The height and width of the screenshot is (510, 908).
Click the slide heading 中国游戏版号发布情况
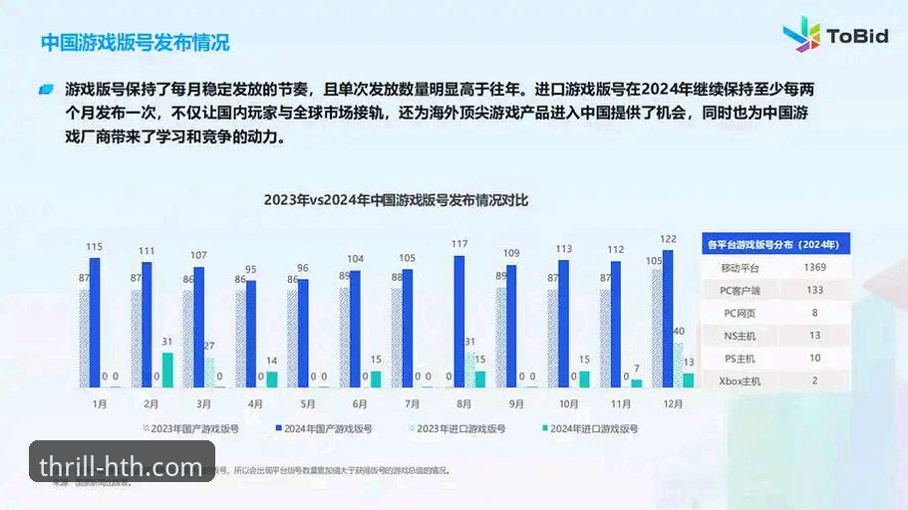coord(135,43)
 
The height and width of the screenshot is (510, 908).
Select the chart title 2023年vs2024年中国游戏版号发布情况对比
coord(396,199)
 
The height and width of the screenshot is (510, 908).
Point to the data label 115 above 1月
coord(95,247)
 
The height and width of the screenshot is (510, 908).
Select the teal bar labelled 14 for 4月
coord(272,379)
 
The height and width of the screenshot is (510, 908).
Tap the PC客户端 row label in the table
coord(739,290)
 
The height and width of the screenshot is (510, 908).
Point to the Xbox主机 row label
coord(739,380)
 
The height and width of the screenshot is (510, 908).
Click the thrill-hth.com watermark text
coord(122,465)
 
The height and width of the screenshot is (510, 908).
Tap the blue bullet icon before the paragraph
coord(45,90)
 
